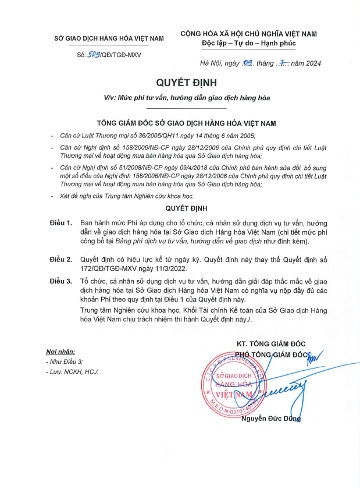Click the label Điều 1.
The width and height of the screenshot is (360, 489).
61,223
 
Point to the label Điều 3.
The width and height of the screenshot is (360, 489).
61,281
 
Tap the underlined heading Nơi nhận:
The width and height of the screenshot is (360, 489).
60,352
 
